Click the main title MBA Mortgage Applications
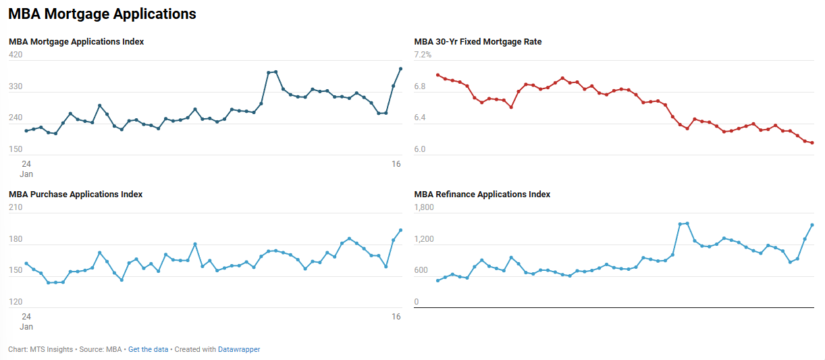pos(102,14)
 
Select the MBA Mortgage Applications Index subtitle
pos(76,42)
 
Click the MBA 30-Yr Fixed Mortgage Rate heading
pos(478,42)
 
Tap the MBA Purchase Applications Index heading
pos(76,195)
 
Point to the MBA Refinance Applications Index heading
pos(482,195)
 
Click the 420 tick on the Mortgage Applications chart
pos(16,55)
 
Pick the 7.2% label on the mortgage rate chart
pos(423,55)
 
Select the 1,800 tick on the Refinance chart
pos(425,208)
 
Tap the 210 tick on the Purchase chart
pos(16,208)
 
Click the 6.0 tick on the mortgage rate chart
pos(420,149)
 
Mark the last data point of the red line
pos(812,143)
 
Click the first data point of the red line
pos(437,75)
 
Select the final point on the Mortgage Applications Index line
pos(401,69)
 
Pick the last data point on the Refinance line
pos(812,225)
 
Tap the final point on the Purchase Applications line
pos(401,230)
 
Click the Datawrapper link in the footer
pos(239,350)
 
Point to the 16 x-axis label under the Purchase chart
pos(396,317)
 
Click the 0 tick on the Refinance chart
pos(417,302)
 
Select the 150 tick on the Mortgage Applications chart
pos(16,149)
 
